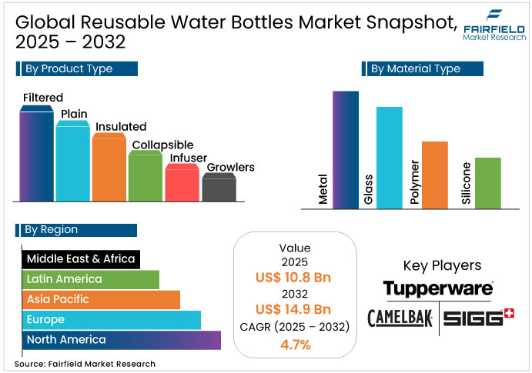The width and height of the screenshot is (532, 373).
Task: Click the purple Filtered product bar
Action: tap(37, 154)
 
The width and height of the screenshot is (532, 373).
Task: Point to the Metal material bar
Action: tap(346, 149)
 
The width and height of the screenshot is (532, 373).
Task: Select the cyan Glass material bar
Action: tap(389, 157)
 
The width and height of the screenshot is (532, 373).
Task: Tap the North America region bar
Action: tap(122, 340)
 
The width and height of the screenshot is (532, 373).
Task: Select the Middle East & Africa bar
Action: tap(81, 258)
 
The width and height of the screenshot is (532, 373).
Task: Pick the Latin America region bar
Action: tap(91, 278)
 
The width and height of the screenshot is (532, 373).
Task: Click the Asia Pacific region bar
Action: tap(101, 299)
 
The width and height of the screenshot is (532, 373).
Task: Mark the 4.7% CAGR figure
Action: tap(295, 345)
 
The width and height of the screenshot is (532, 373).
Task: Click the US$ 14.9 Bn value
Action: tap(295, 310)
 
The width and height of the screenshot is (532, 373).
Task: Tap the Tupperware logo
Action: tap(437, 289)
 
